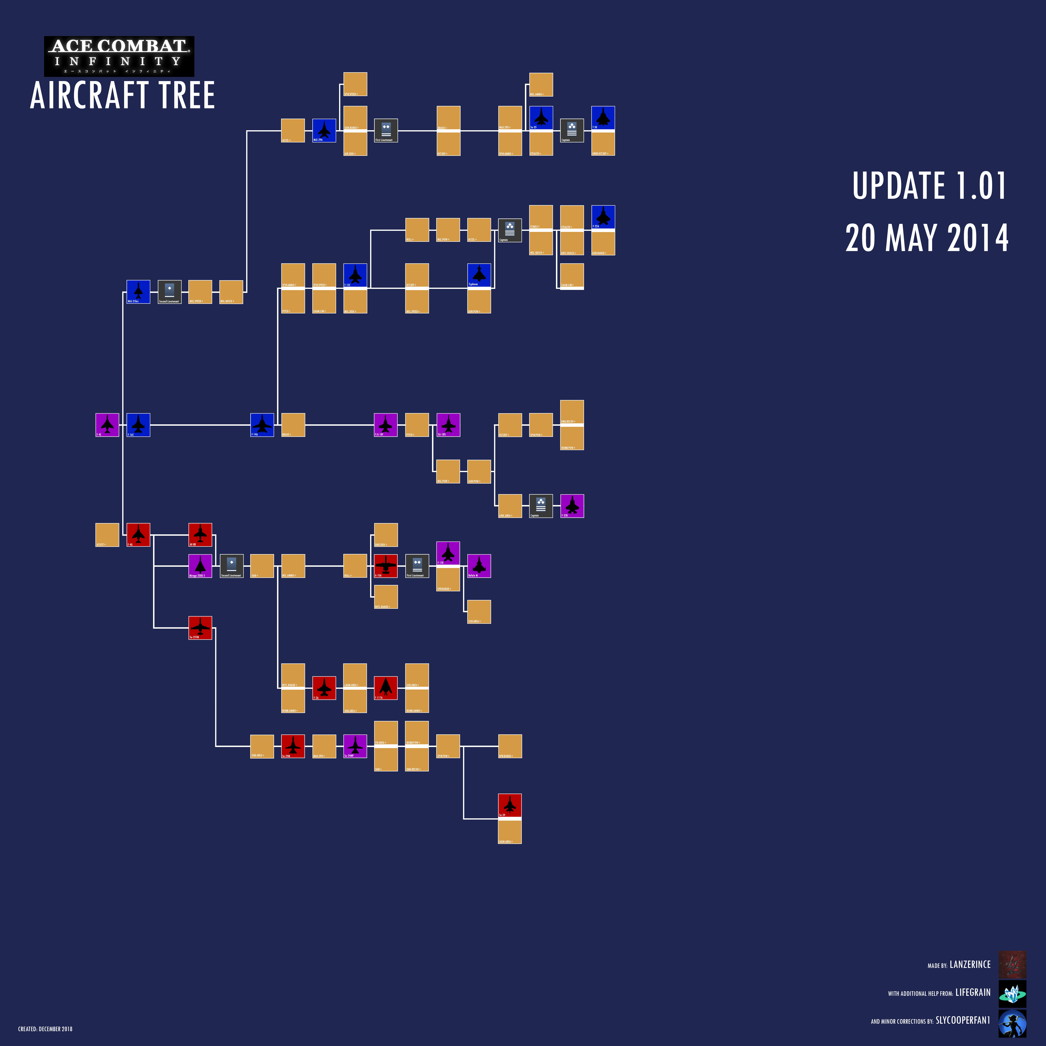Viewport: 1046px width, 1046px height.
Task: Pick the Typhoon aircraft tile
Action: [x=479, y=275]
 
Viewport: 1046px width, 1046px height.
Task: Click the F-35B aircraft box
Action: [x=572, y=506]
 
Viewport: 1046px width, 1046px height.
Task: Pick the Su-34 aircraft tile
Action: [x=509, y=805]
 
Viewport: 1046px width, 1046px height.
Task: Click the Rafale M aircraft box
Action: [x=479, y=566]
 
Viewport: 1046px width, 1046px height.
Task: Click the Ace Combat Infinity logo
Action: [x=119, y=56]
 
